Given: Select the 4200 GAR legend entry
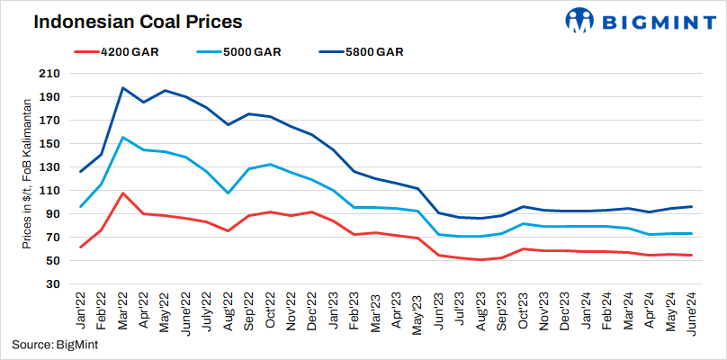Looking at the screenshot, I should coord(116,51).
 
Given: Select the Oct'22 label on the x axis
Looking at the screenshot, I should coord(270,311).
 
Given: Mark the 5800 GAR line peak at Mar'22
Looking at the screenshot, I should coord(123,88).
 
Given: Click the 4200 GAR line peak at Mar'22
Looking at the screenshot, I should coord(123,193).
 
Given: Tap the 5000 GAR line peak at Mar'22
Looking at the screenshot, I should coord(123,138).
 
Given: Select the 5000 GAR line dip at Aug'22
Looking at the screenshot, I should coord(229,193).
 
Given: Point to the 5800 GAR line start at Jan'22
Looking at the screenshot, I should coord(82,171).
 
